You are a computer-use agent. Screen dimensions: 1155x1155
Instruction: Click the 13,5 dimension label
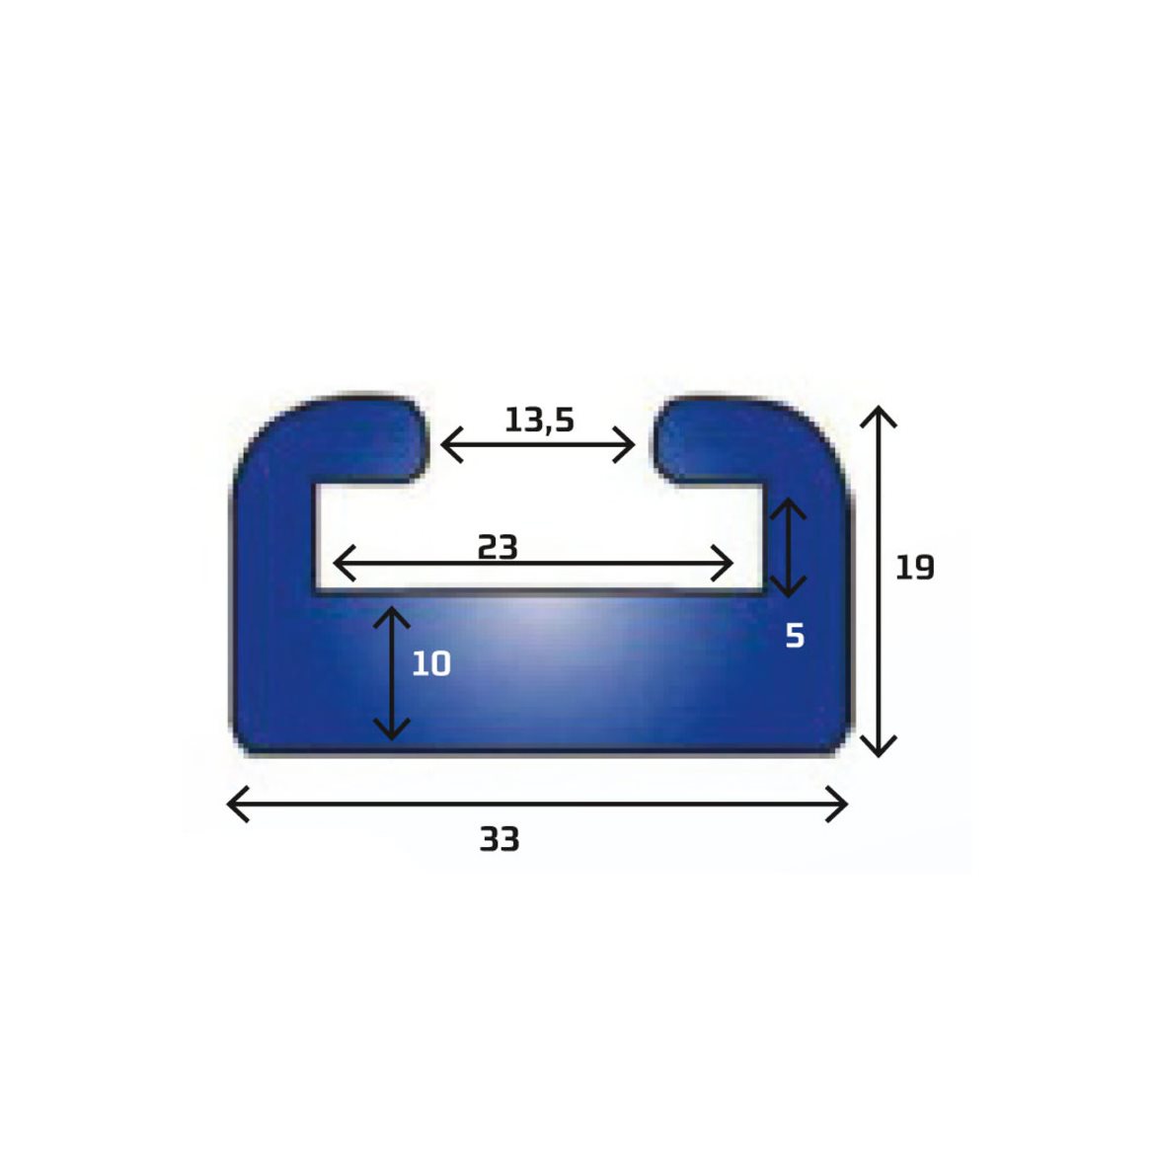click(x=539, y=421)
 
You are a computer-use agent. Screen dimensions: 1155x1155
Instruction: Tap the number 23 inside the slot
click(x=498, y=547)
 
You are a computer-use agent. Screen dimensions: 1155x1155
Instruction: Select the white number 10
click(x=431, y=663)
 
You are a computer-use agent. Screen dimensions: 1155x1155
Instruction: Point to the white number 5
click(x=795, y=635)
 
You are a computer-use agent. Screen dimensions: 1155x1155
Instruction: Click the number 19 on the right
click(x=915, y=568)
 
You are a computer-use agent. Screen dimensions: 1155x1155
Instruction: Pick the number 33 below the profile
click(x=500, y=839)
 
